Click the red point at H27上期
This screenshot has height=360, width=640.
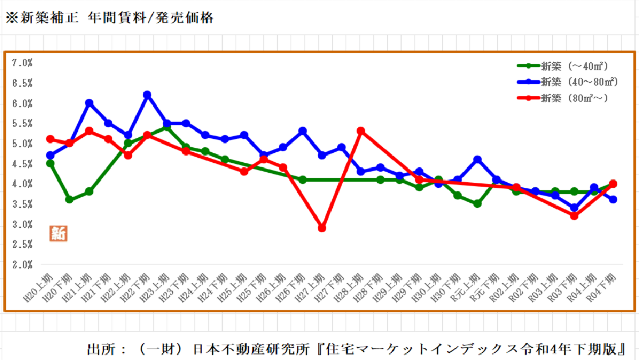pos(322,228)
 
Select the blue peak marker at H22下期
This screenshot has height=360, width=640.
pos(147,95)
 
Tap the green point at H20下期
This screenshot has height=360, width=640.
pos(69,199)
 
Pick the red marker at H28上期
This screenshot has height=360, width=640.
pos(361,131)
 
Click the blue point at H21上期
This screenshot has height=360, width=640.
pos(89,103)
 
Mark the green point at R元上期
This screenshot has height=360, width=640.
pos(477,204)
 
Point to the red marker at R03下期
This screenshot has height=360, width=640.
pos(574,216)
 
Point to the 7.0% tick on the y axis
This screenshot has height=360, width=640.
pos(22,63)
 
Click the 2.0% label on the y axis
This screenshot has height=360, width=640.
pos(22,265)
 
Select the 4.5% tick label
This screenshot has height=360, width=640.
pos(22,164)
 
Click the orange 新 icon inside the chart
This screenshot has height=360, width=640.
pos(58,233)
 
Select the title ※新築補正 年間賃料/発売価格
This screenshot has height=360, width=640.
pos(109,18)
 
